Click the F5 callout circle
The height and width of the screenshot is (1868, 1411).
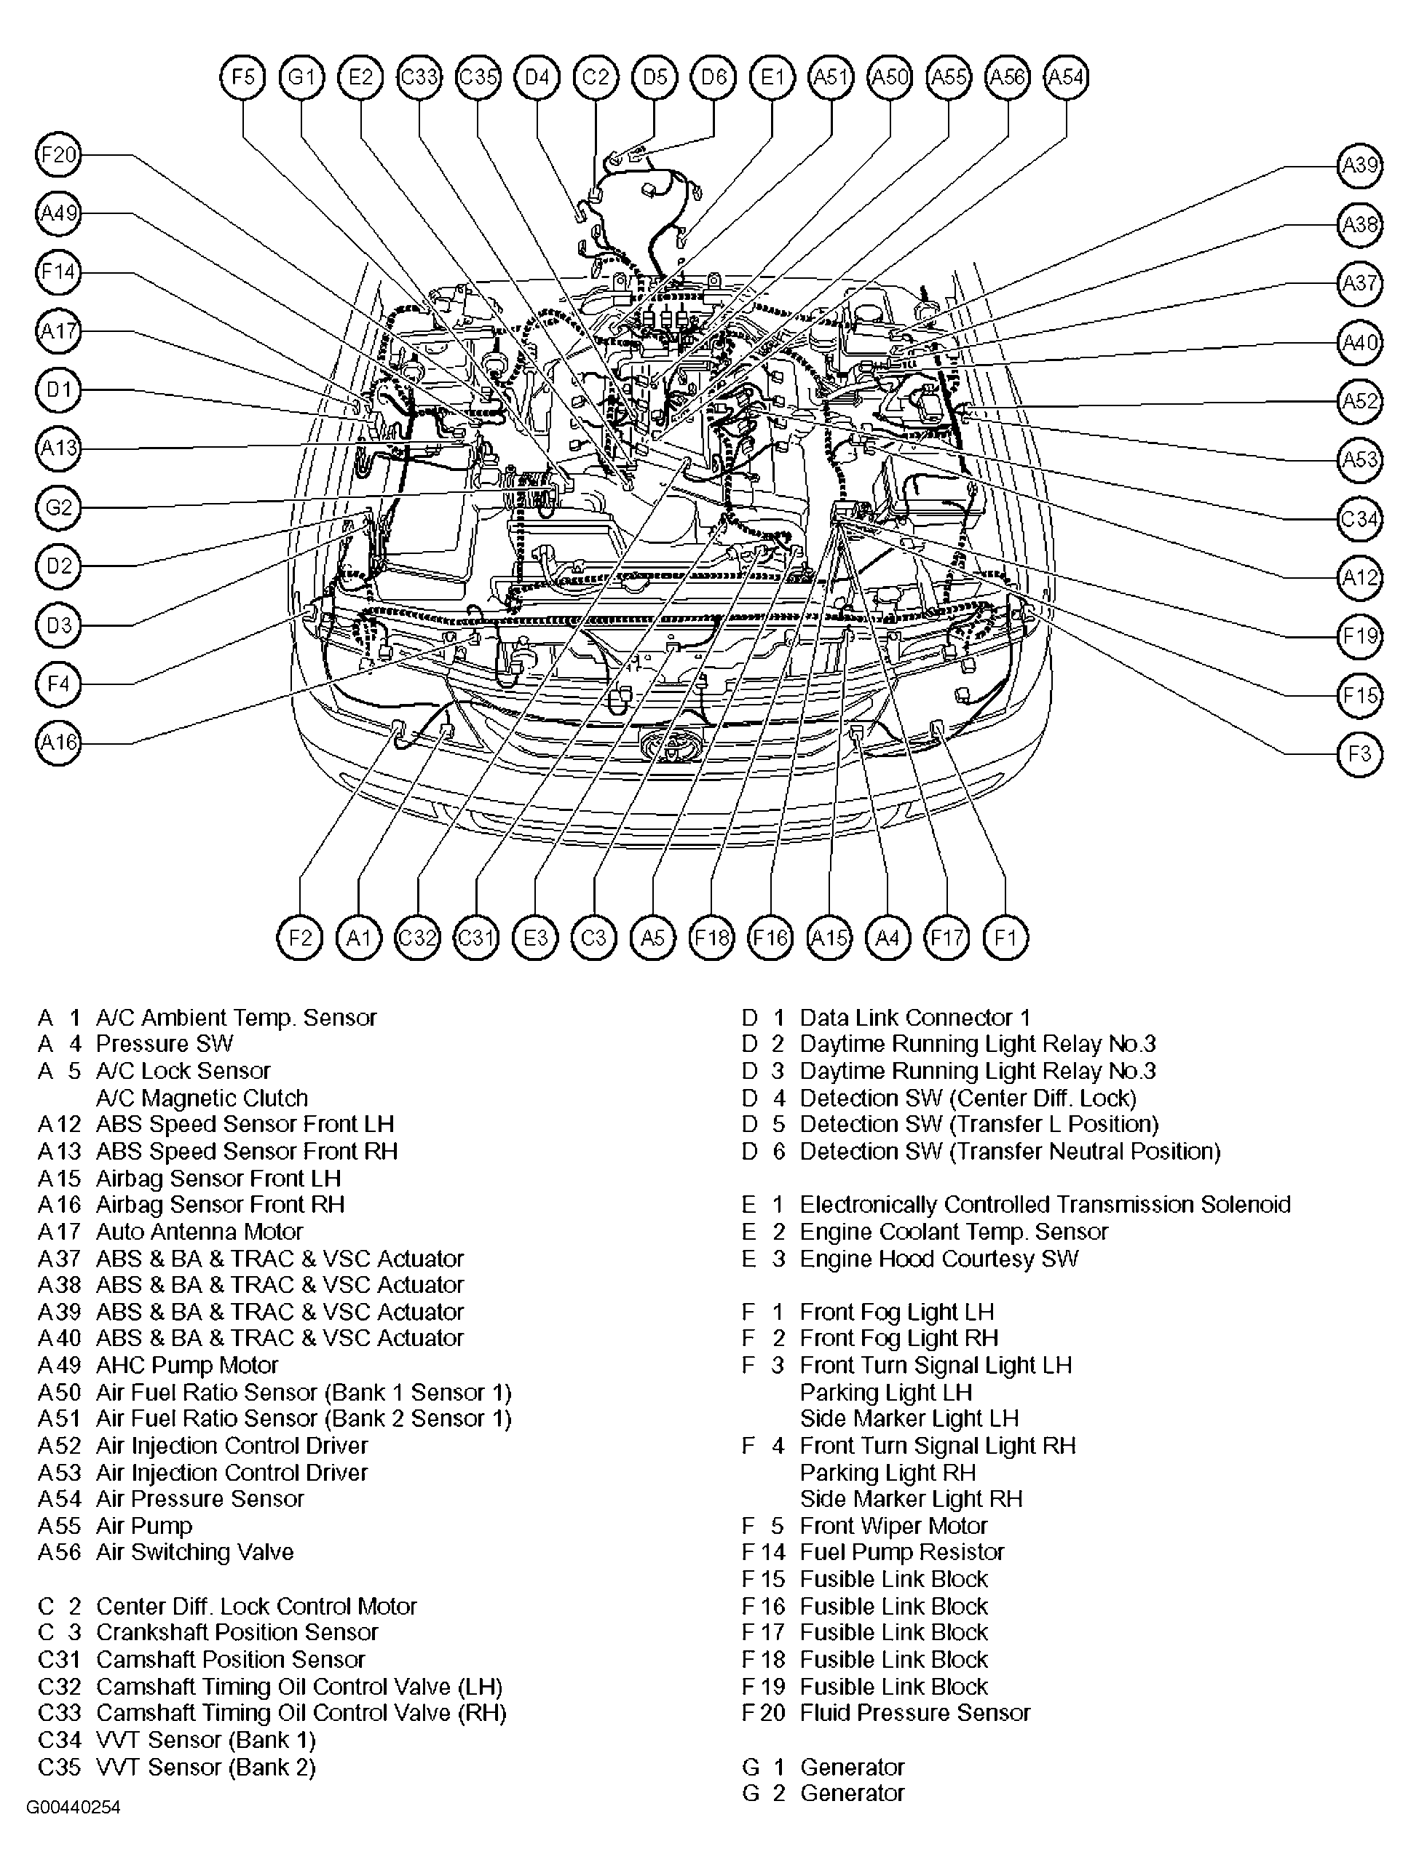click(242, 77)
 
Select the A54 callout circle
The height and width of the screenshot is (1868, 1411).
click(1066, 77)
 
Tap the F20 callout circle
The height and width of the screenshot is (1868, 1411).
click(58, 155)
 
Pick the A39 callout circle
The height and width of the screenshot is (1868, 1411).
click(1359, 165)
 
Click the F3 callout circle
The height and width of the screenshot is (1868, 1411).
click(1359, 753)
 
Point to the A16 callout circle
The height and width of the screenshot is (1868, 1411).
click(58, 743)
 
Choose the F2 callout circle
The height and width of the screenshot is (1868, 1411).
click(301, 938)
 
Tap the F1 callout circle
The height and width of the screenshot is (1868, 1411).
click(1005, 938)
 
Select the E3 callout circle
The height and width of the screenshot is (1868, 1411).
click(535, 938)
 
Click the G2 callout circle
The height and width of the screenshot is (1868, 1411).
click(58, 507)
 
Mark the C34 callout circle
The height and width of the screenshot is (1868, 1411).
click(1359, 518)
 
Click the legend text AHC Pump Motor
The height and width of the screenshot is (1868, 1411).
click(186, 1366)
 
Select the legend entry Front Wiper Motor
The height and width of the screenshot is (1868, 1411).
click(893, 1526)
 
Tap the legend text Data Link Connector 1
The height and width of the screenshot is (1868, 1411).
click(914, 1018)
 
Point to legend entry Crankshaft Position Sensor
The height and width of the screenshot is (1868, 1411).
click(237, 1632)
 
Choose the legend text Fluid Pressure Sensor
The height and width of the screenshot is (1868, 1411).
click(914, 1713)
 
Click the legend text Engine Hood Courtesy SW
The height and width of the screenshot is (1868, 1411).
click(938, 1258)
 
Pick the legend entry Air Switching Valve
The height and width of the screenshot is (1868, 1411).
click(194, 1552)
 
